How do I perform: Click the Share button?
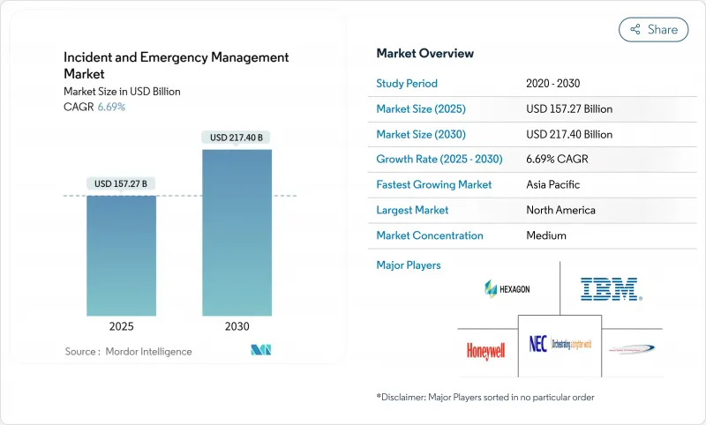(654, 29)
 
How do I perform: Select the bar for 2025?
(122, 255)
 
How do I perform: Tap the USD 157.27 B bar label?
(122, 183)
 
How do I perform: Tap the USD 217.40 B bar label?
(237, 138)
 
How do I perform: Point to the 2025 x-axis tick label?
(122, 326)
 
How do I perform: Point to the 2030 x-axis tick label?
(237, 326)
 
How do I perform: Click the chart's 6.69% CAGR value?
(110, 107)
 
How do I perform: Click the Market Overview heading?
(424, 53)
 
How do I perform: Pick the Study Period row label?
(407, 84)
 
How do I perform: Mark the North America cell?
(560, 210)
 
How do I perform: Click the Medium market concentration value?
(547, 235)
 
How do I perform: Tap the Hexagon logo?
(507, 288)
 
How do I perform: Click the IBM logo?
(610, 288)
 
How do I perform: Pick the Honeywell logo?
(485, 350)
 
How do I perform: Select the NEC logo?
(560, 345)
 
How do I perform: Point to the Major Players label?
(409, 265)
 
